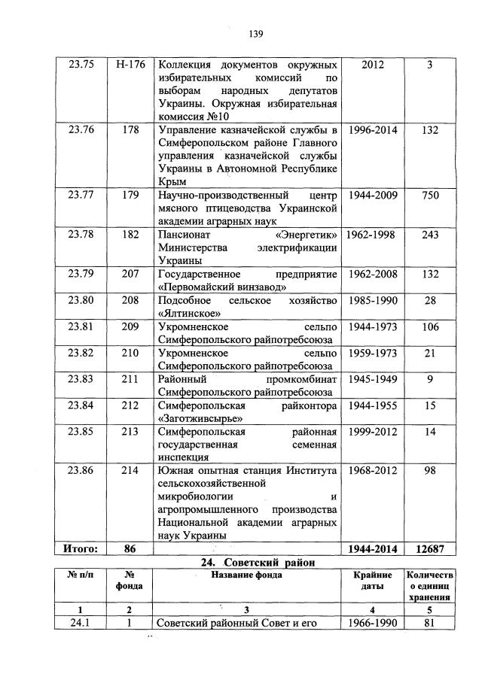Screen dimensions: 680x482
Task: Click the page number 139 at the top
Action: pyautogui.click(x=255, y=34)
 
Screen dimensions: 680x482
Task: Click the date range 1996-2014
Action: pyautogui.click(x=372, y=131)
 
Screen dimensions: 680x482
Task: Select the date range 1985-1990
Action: pyautogui.click(x=372, y=300)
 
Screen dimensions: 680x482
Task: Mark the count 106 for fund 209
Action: pyautogui.click(x=429, y=326)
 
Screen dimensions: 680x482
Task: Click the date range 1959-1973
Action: pyautogui.click(x=372, y=353)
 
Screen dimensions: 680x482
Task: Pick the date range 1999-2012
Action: pyautogui.click(x=372, y=432)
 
